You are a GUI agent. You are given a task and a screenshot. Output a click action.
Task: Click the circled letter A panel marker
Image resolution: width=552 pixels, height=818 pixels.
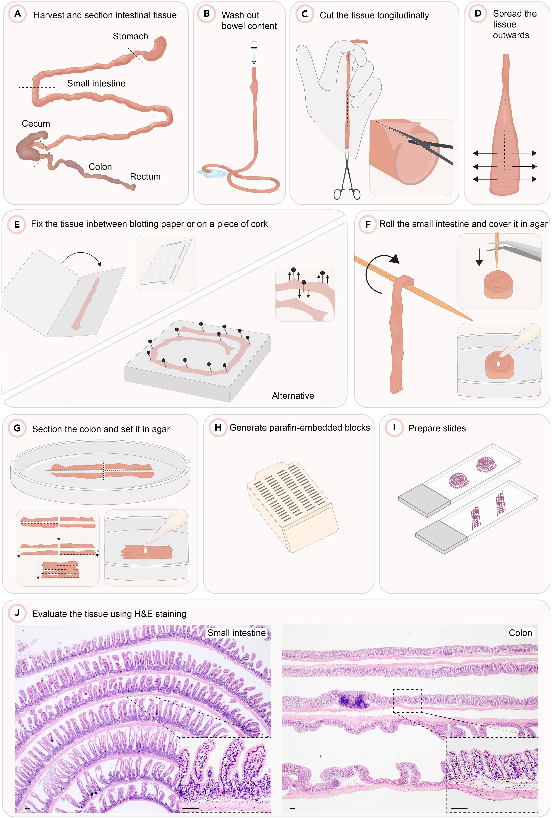(18, 14)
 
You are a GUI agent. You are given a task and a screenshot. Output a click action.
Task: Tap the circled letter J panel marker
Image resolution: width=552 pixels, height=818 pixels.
(17, 613)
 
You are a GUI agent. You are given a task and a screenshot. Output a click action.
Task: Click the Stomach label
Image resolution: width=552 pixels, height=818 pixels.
(130, 36)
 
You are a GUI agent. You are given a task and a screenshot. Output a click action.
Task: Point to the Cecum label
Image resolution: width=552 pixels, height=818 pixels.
(36, 124)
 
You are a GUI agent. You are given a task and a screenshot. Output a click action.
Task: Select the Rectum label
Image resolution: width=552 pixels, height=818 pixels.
(145, 176)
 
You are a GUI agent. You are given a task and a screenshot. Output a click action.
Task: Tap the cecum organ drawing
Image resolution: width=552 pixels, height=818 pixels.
(30, 146)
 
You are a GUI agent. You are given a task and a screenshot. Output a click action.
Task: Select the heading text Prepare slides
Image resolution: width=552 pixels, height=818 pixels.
(437, 428)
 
